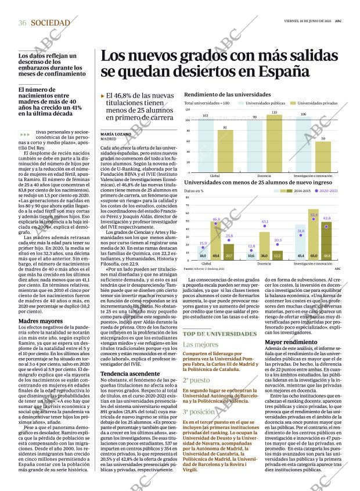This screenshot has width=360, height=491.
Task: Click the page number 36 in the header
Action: (23, 23)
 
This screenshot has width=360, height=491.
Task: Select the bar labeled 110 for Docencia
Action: (274, 143)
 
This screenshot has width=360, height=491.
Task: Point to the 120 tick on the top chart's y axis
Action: (188, 110)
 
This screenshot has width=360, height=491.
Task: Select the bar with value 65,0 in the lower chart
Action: (314, 235)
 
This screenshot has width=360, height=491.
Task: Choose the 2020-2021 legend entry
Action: (328, 190)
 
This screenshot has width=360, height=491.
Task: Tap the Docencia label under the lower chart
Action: (264, 264)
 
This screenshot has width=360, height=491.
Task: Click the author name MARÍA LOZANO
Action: (116, 134)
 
